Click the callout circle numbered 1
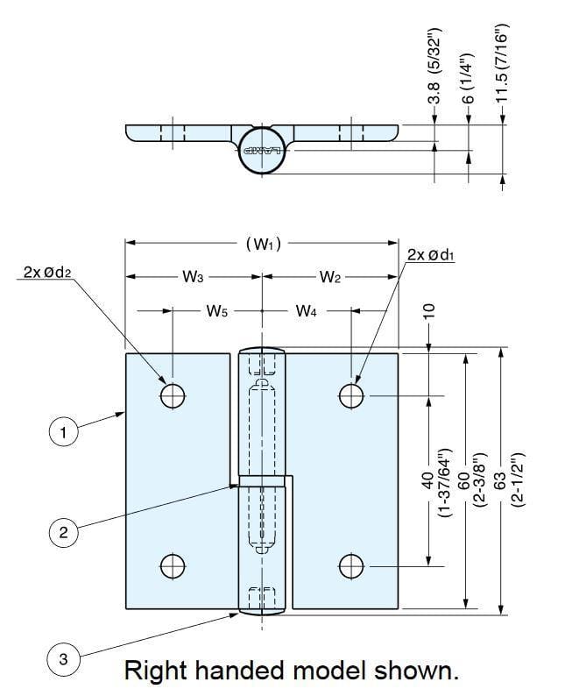[x=62, y=432]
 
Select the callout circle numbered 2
[x=62, y=531]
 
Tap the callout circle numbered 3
[x=62, y=660]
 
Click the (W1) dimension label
[x=263, y=245]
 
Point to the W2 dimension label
[x=330, y=278]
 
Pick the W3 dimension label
[x=193, y=278]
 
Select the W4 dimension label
[x=307, y=310]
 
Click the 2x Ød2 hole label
[x=46, y=273]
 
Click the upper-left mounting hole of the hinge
[x=173, y=396]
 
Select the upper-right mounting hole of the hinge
[x=351, y=396]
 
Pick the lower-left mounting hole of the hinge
[x=173, y=566]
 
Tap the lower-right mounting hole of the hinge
[x=351, y=566]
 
